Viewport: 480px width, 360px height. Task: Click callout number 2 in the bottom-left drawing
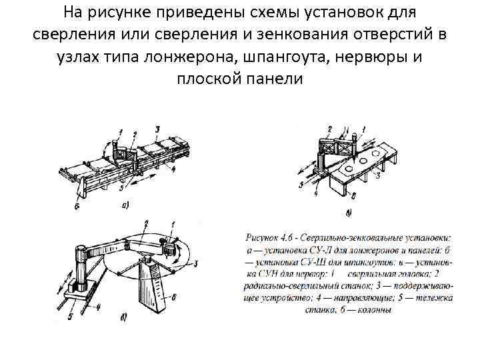tap(145, 223)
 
